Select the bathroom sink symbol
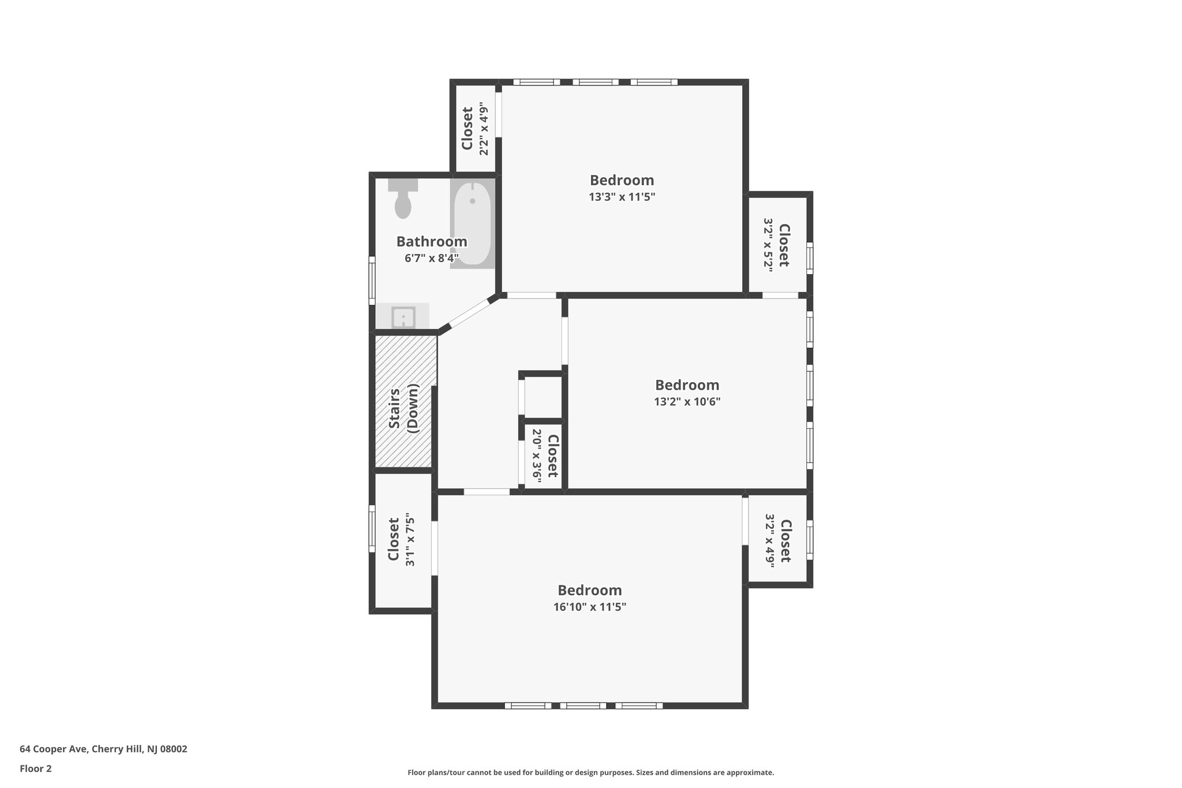click(x=403, y=317)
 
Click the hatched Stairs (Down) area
click(x=404, y=401)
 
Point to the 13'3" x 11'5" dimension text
click(x=622, y=197)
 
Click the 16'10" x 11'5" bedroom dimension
click(x=589, y=607)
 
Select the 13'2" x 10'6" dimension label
click(x=687, y=401)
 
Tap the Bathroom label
click(x=432, y=242)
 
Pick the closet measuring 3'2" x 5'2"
click(x=777, y=245)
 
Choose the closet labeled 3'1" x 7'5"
click(x=402, y=539)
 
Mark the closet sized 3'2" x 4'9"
click(x=777, y=541)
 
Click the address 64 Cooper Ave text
click(x=103, y=749)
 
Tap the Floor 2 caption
click(x=36, y=768)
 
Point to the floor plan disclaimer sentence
click(x=590, y=772)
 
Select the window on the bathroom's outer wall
click(x=372, y=280)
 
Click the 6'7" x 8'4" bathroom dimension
click(x=432, y=258)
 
